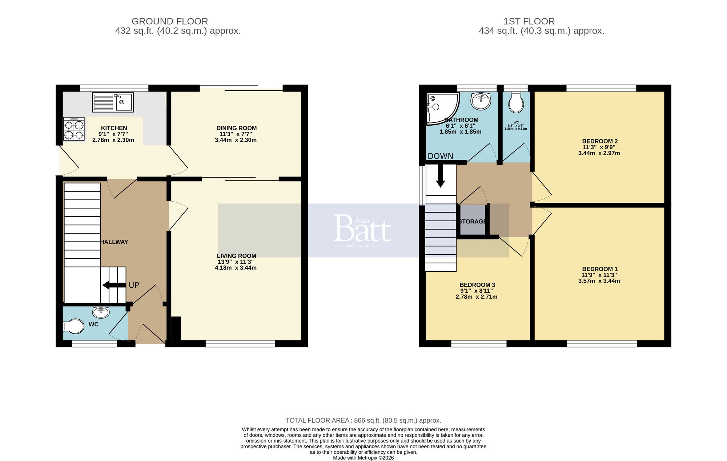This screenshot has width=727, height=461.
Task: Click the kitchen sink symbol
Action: pyautogui.click(x=113, y=102)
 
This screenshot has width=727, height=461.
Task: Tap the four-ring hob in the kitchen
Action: pyautogui.click(x=74, y=129)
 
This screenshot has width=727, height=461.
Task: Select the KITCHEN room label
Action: pyautogui.click(x=114, y=128)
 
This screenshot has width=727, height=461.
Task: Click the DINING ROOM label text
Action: pyautogui.click(x=236, y=128)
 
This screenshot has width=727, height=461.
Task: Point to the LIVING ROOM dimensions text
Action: pyautogui.click(x=236, y=265)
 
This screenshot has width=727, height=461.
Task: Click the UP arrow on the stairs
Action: pyautogui.click(x=113, y=285)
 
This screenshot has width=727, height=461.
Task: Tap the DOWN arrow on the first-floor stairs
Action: pyautogui.click(x=440, y=176)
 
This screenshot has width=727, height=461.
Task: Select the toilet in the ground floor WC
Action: pyautogui.click(x=73, y=326)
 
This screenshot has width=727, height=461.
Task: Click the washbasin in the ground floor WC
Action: pyautogui.click(x=101, y=312)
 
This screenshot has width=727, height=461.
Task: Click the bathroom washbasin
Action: pyautogui.click(x=481, y=101)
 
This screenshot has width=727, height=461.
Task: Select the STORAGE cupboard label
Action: pyautogui.click(x=472, y=222)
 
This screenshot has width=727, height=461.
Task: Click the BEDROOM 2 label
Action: pyautogui.click(x=599, y=141)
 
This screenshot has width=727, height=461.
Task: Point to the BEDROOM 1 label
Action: pyautogui.click(x=599, y=269)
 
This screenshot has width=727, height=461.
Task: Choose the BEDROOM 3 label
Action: pyautogui.click(x=477, y=285)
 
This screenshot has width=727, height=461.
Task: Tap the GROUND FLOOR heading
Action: pyautogui.click(x=170, y=21)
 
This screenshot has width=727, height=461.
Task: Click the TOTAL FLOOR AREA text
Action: pyautogui.click(x=363, y=420)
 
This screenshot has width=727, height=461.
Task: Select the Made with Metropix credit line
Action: pyautogui.click(x=363, y=458)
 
